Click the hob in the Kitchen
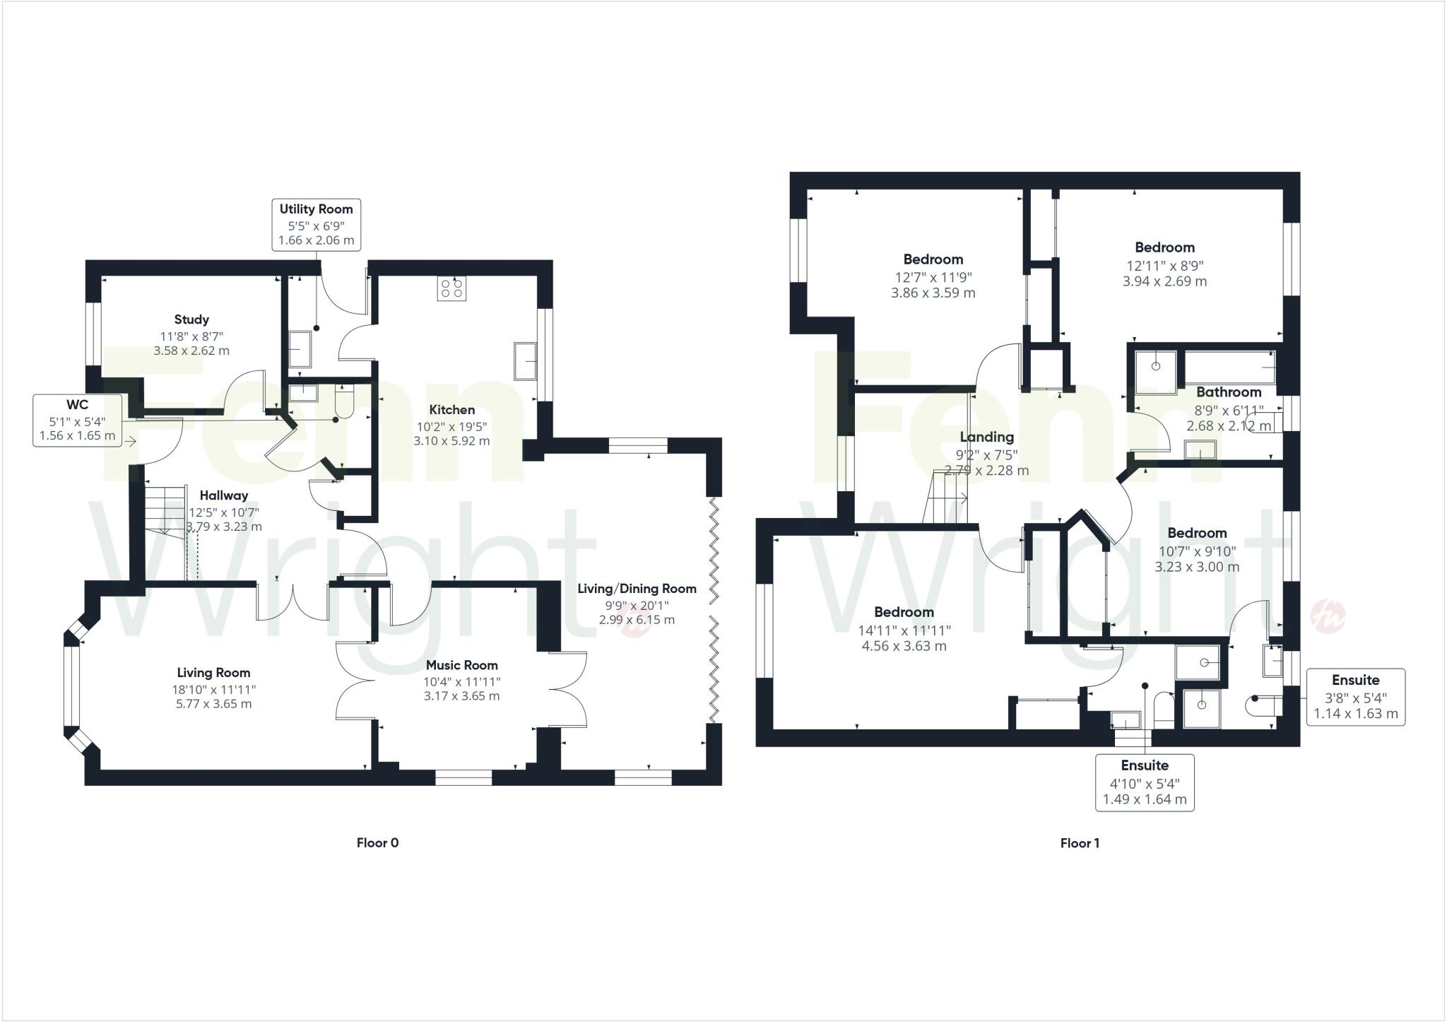[451, 288]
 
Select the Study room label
[191, 319]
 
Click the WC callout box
[77, 420]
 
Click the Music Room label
[461, 665]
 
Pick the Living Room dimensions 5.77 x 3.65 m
[213, 704]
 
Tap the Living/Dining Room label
[637, 589]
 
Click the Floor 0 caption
[377, 842]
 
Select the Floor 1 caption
[1080, 843]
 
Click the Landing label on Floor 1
[986, 437]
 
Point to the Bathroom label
[1229, 392]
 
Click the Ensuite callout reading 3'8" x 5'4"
[1355, 696]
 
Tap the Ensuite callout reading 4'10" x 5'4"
[1145, 782]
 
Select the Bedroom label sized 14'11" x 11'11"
[904, 612]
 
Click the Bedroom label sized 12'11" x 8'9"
[1164, 247]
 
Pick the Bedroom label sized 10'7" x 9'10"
[1197, 533]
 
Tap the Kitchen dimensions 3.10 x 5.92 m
[451, 441]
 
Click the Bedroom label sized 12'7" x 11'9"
[933, 259]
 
